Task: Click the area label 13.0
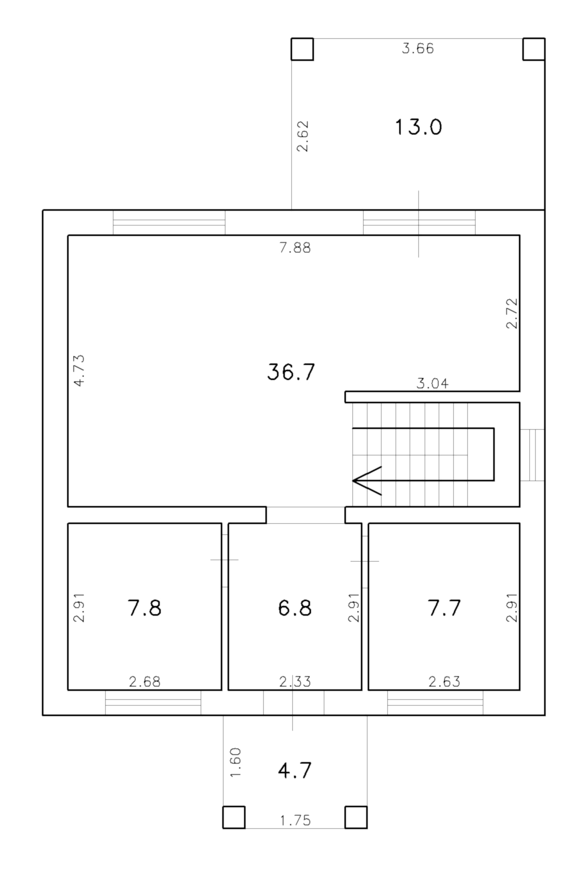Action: [x=418, y=128]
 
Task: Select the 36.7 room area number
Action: [x=291, y=372]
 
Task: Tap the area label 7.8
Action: [x=144, y=608]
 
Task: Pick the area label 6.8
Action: [x=295, y=608]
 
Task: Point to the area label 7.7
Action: [x=445, y=608]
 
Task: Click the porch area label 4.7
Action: [x=295, y=770]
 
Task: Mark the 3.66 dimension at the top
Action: [x=418, y=48]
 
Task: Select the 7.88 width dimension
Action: [x=295, y=248]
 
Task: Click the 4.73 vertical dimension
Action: [x=79, y=371]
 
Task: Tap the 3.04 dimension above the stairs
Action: [x=432, y=384]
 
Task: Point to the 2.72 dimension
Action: [x=512, y=313]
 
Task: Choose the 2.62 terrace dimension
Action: [x=302, y=136]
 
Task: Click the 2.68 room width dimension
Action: [x=144, y=682]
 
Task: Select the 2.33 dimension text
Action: [x=295, y=682]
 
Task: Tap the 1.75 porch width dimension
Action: [x=295, y=821]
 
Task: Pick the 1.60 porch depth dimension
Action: [x=235, y=762]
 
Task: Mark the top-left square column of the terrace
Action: [x=302, y=49]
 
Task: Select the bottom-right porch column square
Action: [x=356, y=817]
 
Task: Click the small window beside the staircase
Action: [x=532, y=454]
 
